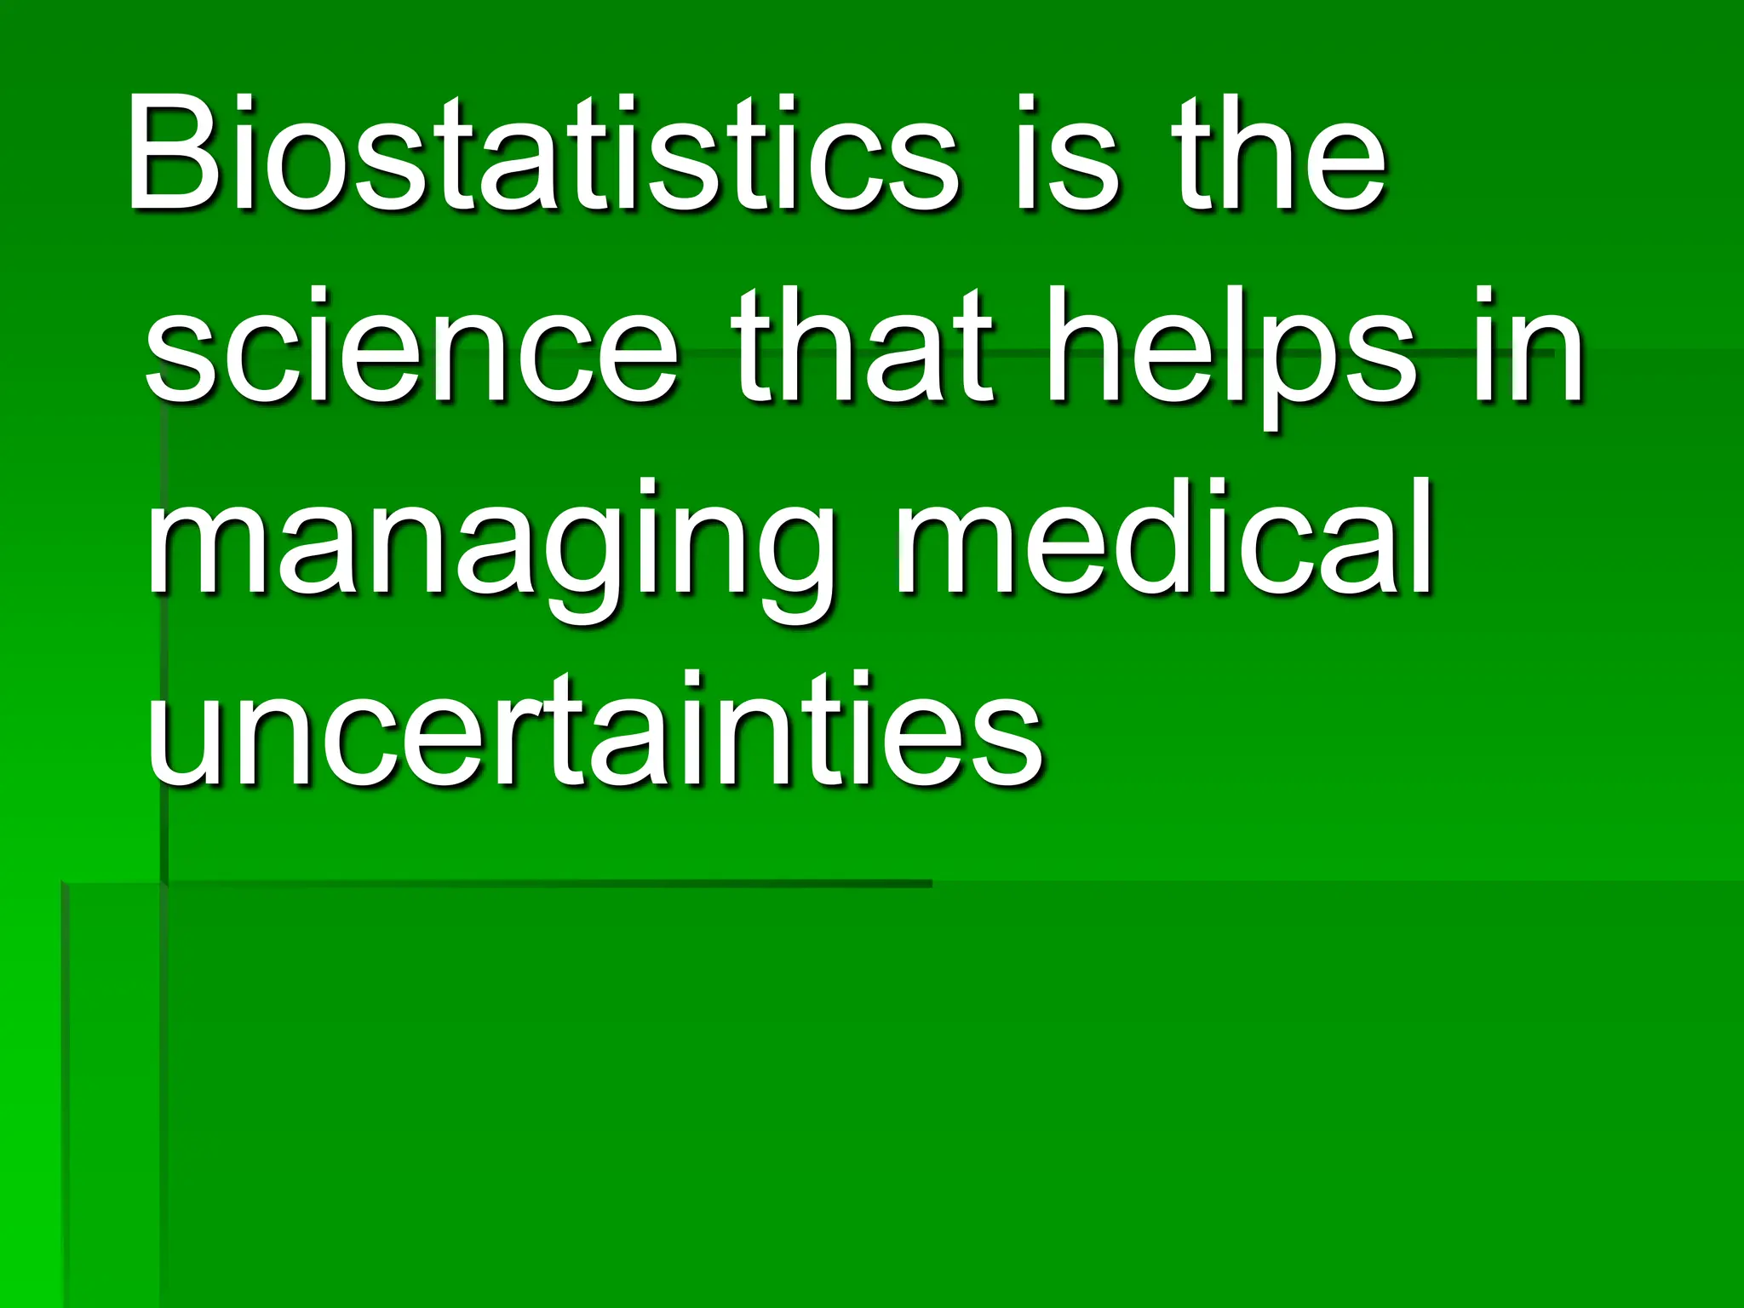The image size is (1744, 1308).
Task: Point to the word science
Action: pyautogui.click(x=412, y=349)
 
